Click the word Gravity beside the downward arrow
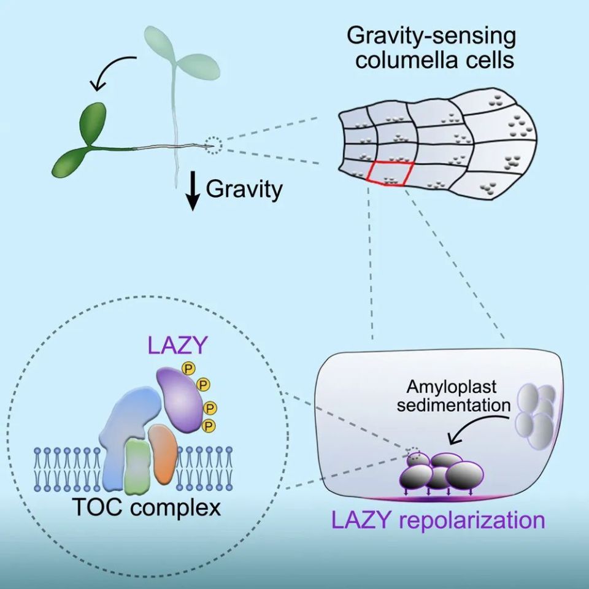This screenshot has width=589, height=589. [244, 189]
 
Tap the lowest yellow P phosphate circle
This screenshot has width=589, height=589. [210, 425]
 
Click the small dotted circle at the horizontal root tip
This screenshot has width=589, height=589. [213, 145]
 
